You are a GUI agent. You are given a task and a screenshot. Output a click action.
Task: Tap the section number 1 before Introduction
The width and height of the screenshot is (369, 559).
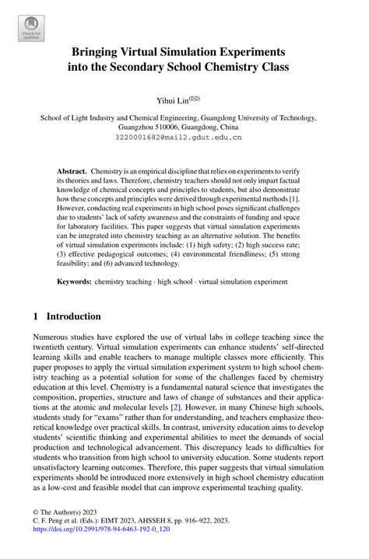point(34,316)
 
